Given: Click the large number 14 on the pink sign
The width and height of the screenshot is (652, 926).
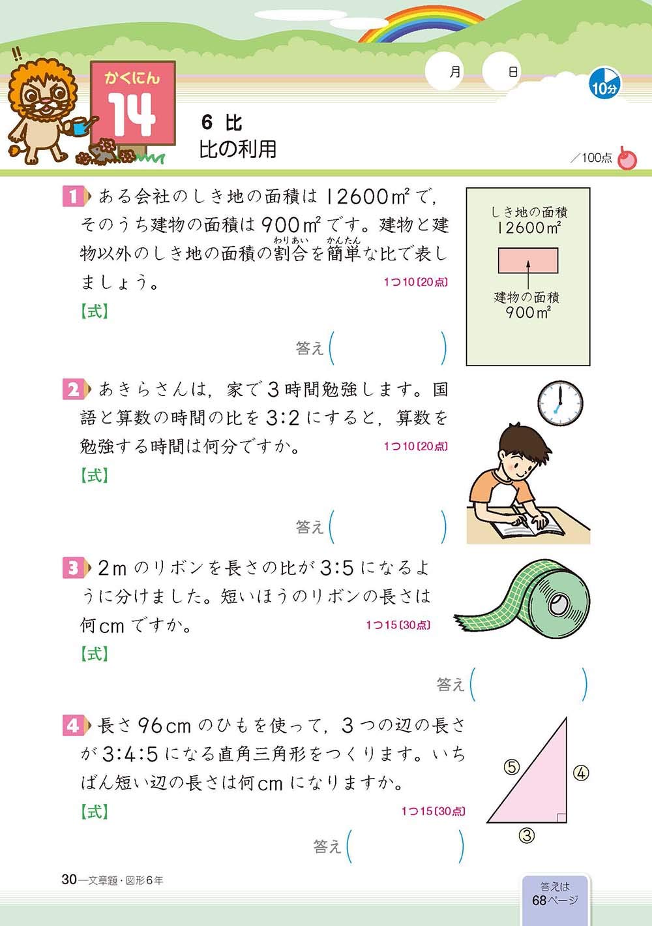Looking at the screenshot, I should pos(132,114).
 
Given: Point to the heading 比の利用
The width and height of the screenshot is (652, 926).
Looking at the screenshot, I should pos(238,149).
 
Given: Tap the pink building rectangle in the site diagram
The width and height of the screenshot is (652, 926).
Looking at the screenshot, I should pos(528,260).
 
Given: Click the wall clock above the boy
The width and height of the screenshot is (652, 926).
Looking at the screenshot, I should pos(559,403).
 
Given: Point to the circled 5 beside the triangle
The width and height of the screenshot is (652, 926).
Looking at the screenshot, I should pos(512,767).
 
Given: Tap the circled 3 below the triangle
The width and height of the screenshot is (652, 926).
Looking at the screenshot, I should pos(527,835).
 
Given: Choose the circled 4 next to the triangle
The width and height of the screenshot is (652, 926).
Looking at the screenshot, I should pos(581,773).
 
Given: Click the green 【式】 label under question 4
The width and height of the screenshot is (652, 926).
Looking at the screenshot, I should pos(95,812).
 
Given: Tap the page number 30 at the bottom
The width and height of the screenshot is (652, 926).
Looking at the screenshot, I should pos(69,880).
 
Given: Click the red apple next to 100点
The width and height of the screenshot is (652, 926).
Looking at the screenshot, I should pos(627,159).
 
